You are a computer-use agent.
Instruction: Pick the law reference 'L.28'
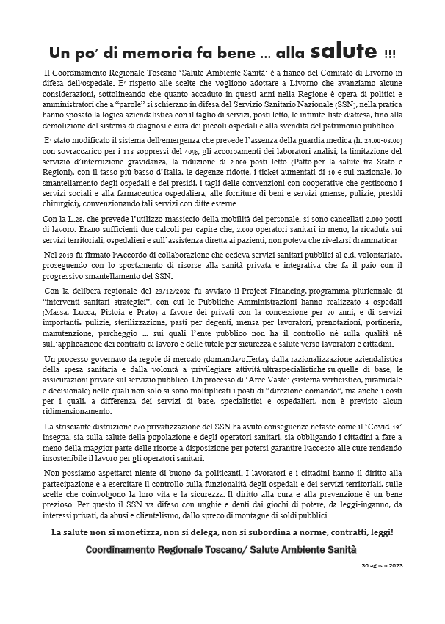click(x=78, y=219)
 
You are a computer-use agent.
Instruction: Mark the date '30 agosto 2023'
click(x=381, y=567)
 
